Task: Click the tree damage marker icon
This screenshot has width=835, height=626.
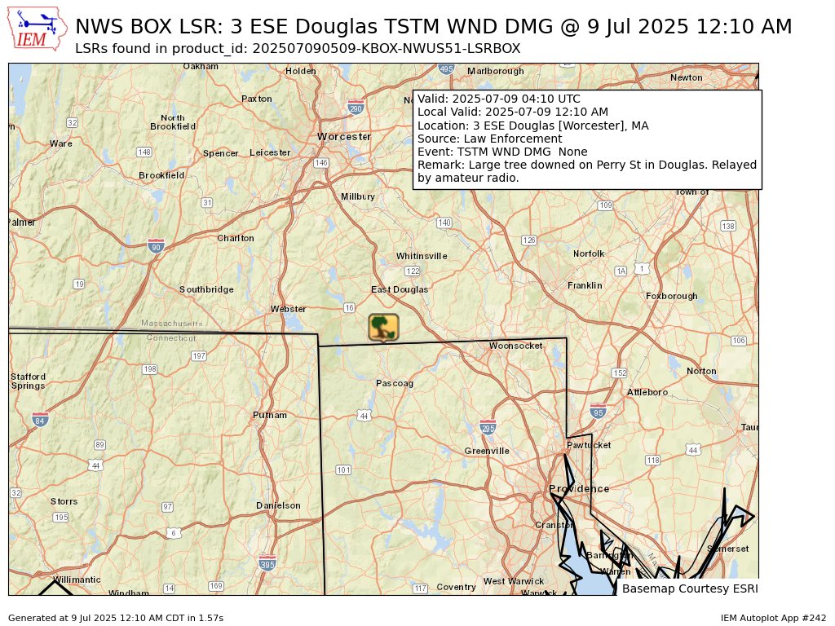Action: pos(383,328)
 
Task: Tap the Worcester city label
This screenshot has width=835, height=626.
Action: pos(344,136)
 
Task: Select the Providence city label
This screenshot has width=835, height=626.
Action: pos(579,489)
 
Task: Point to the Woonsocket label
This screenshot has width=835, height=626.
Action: pos(515,346)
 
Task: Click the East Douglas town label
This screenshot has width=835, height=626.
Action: pos(400,289)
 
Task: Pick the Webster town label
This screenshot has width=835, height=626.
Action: pos(289,309)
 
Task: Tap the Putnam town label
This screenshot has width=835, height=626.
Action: pos(270,415)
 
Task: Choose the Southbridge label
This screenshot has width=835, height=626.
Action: pos(206,289)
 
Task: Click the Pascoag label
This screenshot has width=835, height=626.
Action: pos(395,383)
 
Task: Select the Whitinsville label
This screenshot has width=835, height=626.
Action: pos(422,256)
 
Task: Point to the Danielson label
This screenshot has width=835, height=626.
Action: pos(278,505)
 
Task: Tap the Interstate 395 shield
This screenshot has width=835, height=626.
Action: pos(267,563)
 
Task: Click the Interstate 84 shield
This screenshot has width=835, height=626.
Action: pos(40,420)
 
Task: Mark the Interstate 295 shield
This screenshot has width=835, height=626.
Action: pos(488,427)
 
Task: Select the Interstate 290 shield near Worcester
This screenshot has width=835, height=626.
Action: pos(356,108)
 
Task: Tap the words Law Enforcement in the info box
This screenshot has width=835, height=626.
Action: pos(519,139)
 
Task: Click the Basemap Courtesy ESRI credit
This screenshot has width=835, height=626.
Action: pos(689,589)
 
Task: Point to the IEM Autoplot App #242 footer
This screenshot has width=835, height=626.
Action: pos(773,619)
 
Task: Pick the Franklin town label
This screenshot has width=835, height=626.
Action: pos(585,285)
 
